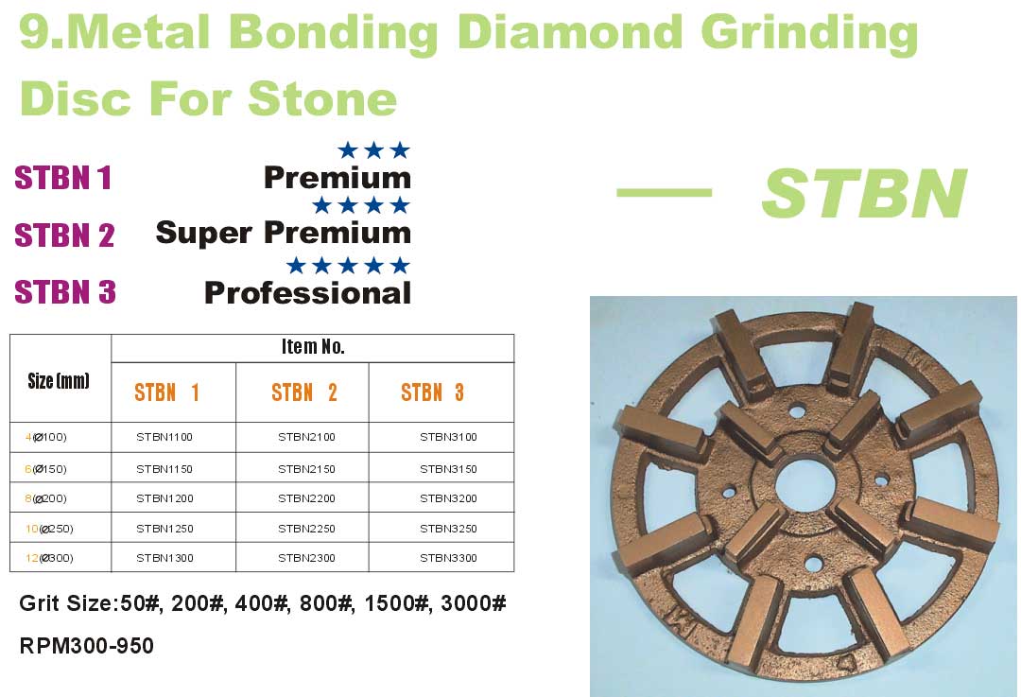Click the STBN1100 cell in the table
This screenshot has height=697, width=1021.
[x=164, y=437]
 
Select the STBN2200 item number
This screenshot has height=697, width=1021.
[x=306, y=498]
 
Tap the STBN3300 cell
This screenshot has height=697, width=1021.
[x=448, y=558]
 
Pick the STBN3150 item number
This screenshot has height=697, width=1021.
[x=448, y=469]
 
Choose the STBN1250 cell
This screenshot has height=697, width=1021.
[x=164, y=529]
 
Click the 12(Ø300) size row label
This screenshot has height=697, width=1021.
[x=49, y=558]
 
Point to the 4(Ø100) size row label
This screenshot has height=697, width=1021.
[x=46, y=437]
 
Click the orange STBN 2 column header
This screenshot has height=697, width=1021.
[x=304, y=392]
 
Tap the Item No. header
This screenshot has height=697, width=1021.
[x=313, y=346]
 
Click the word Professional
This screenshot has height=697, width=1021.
[x=307, y=293]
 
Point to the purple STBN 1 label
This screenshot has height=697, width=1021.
[x=63, y=178]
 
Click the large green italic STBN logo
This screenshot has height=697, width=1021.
[x=864, y=194]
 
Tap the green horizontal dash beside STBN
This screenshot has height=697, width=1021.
[x=665, y=192]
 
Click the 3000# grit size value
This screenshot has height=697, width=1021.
[x=474, y=603]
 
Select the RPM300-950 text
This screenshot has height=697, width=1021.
[x=87, y=646]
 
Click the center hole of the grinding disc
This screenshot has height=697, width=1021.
[x=805, y=487]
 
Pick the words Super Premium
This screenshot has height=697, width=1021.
[x=284, y=234]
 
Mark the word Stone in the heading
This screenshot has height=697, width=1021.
[x=322, y=99]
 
